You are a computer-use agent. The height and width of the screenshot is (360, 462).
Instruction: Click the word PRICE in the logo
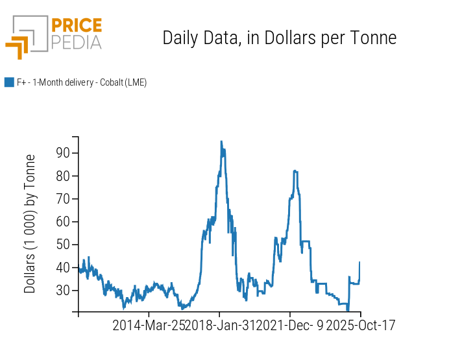(x=76, y=26)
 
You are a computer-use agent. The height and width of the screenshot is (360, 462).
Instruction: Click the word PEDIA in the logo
(x=76, y=42)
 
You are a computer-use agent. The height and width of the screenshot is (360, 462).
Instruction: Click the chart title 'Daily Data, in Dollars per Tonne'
(x=279, y=38)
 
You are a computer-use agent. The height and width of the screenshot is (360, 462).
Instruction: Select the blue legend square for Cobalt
(x=9, y=82)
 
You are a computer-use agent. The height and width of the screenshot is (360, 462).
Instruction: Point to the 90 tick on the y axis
(x=63, y=153)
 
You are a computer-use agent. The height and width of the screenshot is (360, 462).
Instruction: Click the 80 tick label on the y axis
(x=63, y=176)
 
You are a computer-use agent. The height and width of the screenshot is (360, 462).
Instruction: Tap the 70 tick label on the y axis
(x=63, y=198)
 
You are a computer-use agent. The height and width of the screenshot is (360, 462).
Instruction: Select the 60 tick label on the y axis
(x=63, y=222)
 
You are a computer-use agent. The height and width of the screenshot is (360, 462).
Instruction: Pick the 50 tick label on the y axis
(x=63, y=245)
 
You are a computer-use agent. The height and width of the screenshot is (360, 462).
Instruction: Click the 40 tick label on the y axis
(x=63, y=267)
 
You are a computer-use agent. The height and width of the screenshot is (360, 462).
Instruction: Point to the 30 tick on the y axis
(x=63, y=290)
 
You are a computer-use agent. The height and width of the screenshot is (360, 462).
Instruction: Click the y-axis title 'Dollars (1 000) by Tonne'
(x=30, y=224)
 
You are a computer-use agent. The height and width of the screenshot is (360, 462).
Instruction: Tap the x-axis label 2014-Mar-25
(x=149, y=325)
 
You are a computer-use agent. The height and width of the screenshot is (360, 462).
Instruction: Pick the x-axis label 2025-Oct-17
(x=360, y=325)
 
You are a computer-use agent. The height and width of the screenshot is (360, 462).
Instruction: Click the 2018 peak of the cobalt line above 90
(x=221, y=141)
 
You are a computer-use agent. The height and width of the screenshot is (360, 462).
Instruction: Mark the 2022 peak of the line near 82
(x=295, y=171)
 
